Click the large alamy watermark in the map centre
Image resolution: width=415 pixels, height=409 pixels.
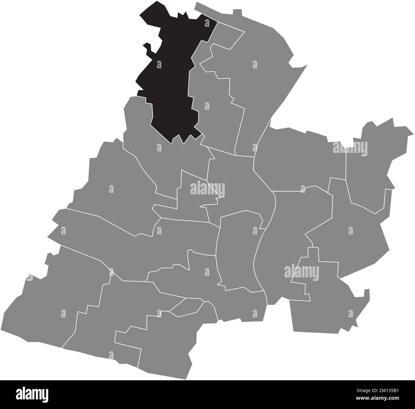coord(207,189)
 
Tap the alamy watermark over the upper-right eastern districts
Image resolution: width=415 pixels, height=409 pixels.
coord(350,148)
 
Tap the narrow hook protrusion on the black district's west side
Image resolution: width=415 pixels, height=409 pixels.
coord(147,48)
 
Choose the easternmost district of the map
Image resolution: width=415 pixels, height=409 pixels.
coord(377,160)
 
